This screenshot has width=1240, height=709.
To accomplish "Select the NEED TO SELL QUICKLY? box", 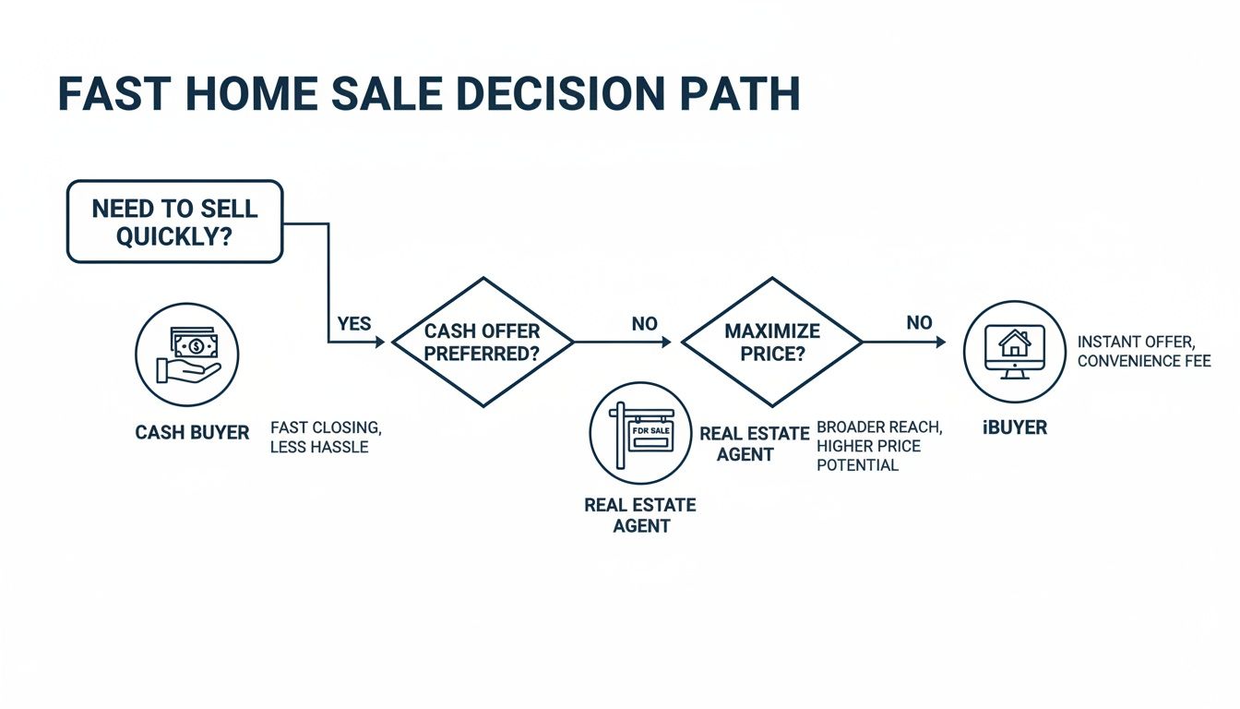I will coord(174,222).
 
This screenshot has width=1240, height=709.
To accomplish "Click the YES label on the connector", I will coord(353,323).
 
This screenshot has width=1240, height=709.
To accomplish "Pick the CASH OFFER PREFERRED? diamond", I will coord(483,342).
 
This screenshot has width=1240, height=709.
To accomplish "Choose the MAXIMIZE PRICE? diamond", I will coord(771,342).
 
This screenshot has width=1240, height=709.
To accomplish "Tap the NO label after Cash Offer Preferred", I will coord(645,323).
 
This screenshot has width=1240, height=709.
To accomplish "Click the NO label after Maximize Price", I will coord(919,323).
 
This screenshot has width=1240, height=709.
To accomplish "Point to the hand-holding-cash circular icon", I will coord(187,354).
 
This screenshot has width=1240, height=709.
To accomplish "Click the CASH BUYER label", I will coord(192,432).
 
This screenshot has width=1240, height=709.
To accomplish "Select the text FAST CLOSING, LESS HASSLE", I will coord(325,438).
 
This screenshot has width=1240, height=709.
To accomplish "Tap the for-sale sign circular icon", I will coord(640,434).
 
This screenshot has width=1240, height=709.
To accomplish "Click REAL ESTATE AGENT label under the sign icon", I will coord(640,516).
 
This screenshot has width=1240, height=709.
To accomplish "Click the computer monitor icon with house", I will coord(1015,351).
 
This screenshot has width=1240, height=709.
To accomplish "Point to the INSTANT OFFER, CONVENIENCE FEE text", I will coord(1143,352).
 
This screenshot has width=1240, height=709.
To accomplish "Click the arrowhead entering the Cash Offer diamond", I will coord(379,342).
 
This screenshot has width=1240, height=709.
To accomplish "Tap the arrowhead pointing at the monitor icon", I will coord(941,342).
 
